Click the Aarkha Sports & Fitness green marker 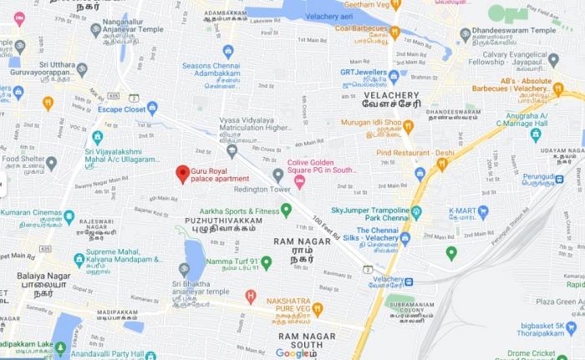[x=286, y=209]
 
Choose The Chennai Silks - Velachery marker [x=405, y=238]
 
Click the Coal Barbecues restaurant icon [x=395, y=33]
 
